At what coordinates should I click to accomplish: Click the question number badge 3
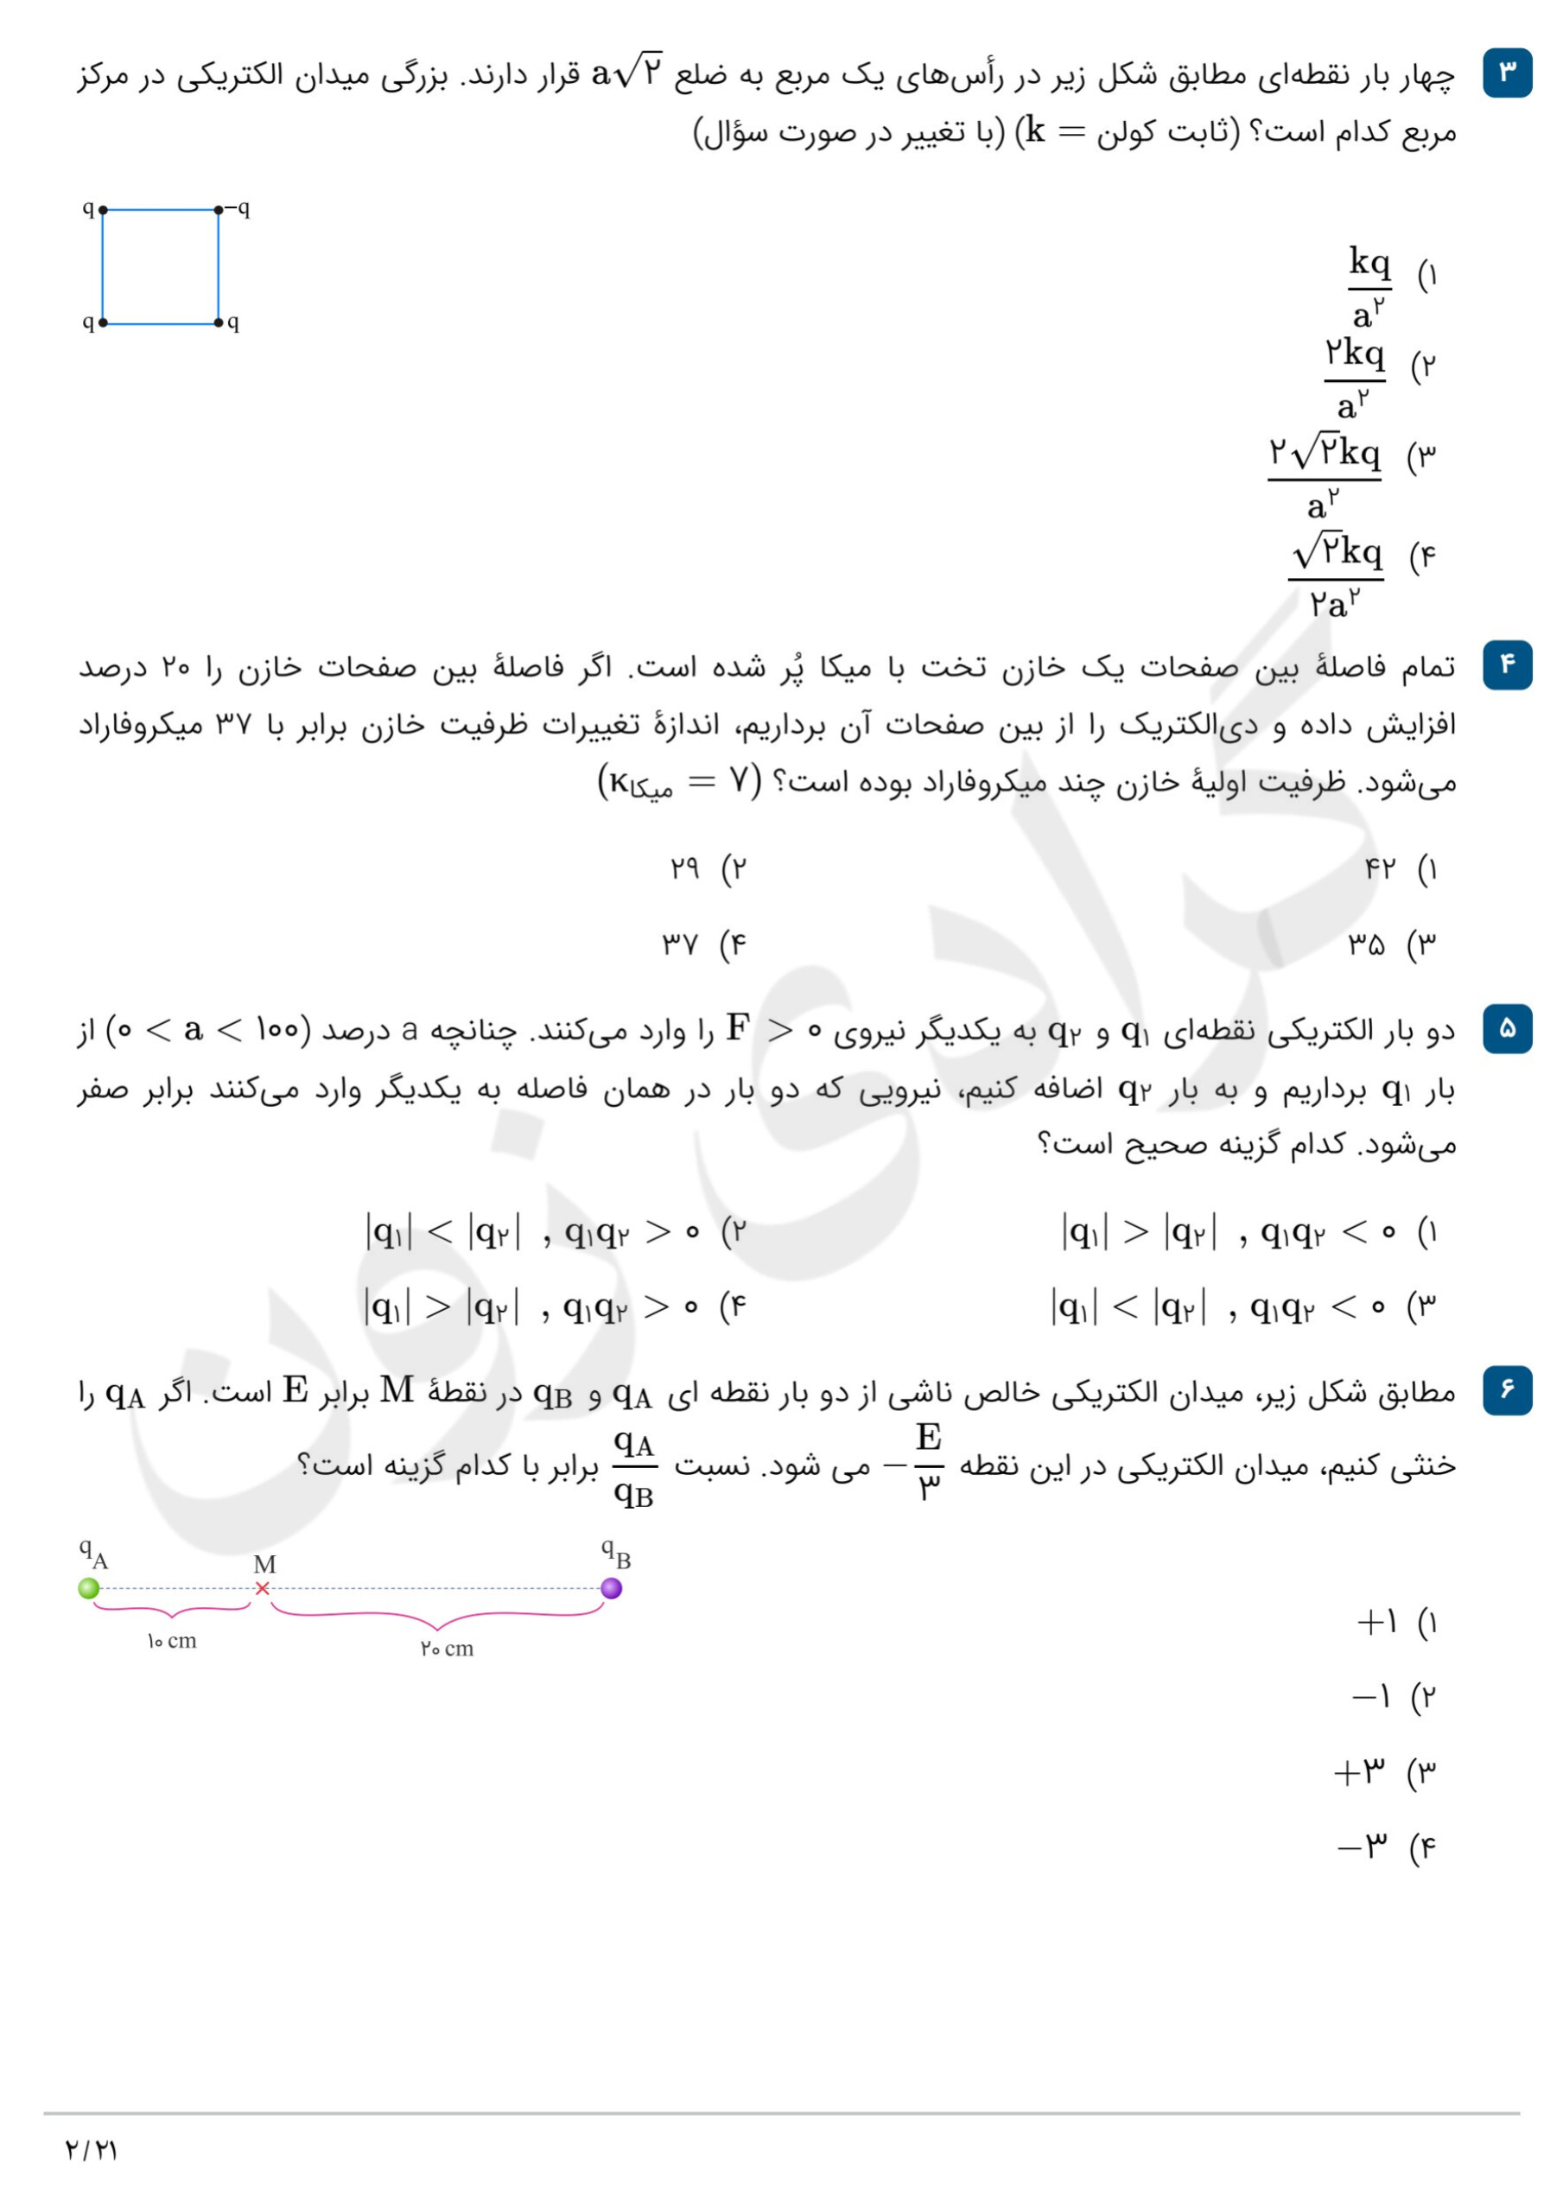click(1507, 73)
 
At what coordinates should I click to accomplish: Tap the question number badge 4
click(1507, 664)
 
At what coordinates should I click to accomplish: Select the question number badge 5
click(1507, 1028)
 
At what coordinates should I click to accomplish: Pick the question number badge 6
click(1507, 1389)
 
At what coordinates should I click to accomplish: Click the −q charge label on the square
click(237, 208)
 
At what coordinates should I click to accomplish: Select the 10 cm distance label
click(172, 1641)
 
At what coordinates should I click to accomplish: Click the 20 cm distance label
click(447, 1649)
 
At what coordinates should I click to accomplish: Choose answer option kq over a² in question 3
click(1369, 287)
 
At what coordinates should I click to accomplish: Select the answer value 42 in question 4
click(1380, 868)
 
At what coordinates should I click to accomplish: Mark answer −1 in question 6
click(1370, 1696)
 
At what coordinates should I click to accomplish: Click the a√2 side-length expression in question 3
click(627, 72)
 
